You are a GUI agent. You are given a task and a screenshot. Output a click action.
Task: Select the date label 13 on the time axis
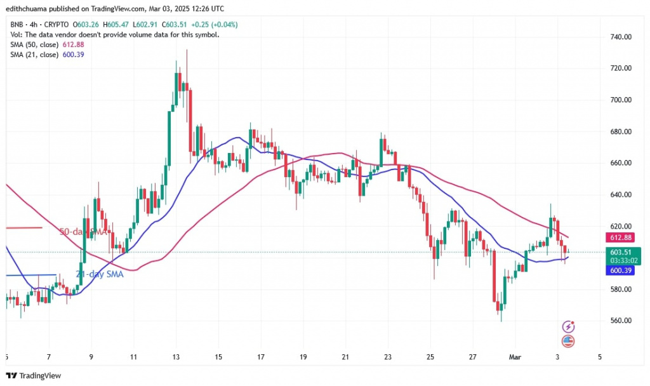point(176,357)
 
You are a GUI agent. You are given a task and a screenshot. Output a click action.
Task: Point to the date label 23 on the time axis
point(388,357)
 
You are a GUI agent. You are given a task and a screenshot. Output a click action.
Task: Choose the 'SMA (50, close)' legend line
point(34,44)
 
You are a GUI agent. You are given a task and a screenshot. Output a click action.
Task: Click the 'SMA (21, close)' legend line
point(34,55)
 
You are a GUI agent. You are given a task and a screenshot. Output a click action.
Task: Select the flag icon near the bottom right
point(569,341)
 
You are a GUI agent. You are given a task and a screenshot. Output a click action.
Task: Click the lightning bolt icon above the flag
point(569,327)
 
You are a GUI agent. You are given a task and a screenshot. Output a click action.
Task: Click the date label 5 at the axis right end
point(599,357)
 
